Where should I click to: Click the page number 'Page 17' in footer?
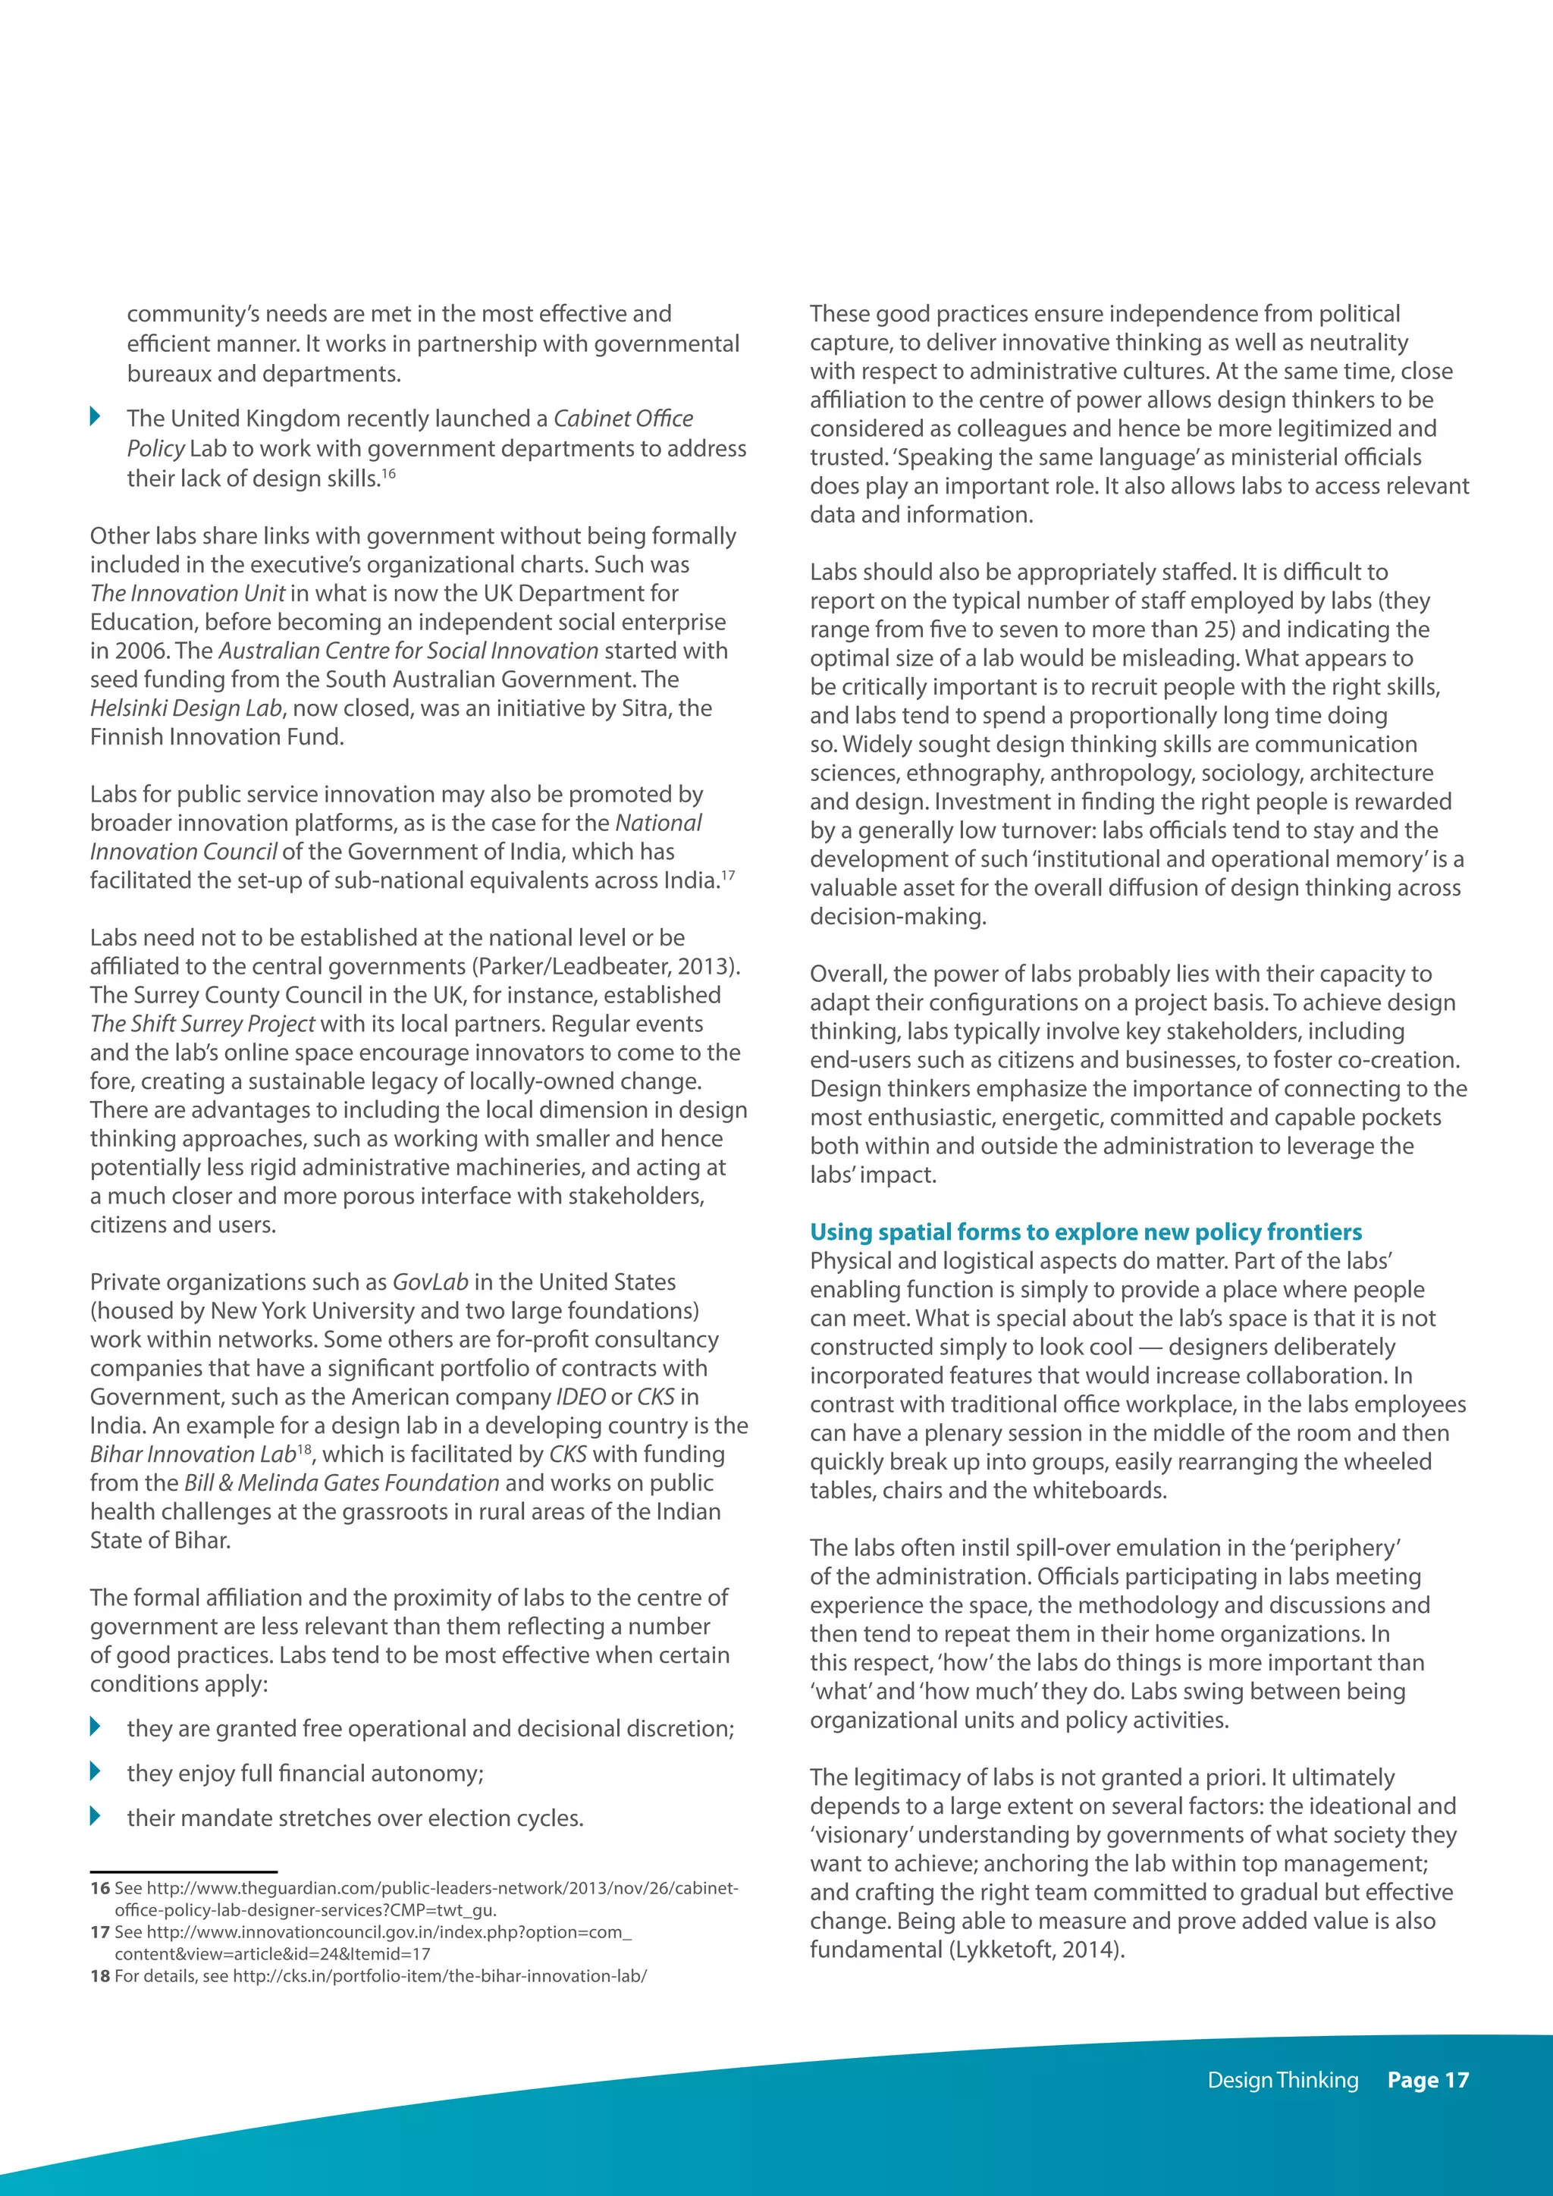click(x=1427, y=2079)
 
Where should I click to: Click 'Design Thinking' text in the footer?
click(x=1282, y=2079)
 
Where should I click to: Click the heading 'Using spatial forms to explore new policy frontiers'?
click(x=1085, y=1232)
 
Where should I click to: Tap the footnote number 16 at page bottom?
click(x=100, y=1889)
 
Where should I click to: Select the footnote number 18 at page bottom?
click(x=100, y=1976)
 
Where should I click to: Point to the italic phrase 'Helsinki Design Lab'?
click(x=187, y=707)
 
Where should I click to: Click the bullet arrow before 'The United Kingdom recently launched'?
click(x=95, y=416)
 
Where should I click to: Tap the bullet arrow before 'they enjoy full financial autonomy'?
click(x=95, y=1771)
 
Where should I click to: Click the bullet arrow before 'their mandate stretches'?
click(x=95, y=1815)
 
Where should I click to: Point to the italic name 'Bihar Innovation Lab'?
click(x=192, y=1454)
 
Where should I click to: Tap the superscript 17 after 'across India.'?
click(x=729, y=874)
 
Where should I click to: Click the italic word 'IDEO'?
click(x=579, y=1397)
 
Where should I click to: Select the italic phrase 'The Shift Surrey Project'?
click(x=202, y=1024)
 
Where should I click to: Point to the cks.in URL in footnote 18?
click(x=439, y=1976)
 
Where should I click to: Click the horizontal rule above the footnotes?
click(x=184, y=1871)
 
